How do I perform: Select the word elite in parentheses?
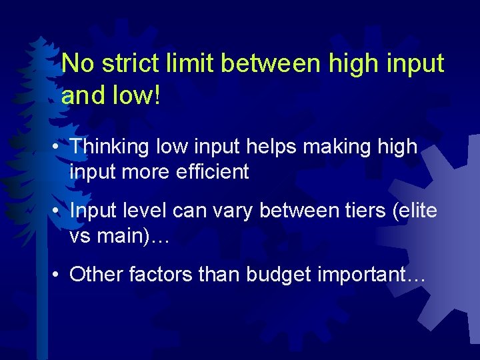416,211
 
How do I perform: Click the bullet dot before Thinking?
60,147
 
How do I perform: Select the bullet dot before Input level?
60,211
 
